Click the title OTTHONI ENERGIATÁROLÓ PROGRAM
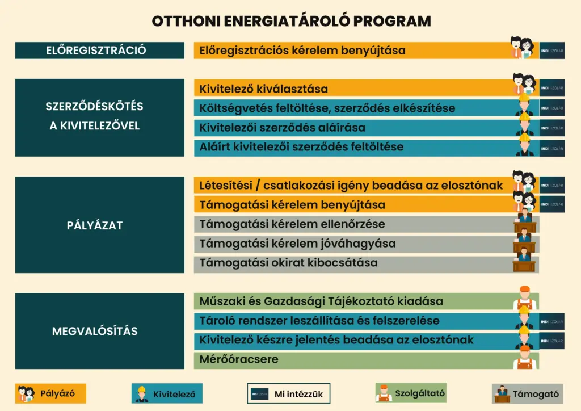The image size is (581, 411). click(291, 21)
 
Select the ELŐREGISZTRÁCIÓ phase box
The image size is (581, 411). click(99, 50)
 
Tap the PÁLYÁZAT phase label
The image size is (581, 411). click(99, 225)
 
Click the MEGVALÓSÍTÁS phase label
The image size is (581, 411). click(99, 331)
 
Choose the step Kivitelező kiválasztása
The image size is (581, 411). click(264, 89)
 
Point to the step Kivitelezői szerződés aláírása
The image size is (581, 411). click(283, 128)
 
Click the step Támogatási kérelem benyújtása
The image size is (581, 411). click(292, 204)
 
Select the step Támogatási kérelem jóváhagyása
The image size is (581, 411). click(297, 244)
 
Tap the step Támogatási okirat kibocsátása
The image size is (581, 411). click(288, 263)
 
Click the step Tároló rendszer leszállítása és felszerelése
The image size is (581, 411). click(319, 321)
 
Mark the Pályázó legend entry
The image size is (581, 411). click(50, 393)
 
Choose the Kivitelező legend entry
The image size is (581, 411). click(167, 393)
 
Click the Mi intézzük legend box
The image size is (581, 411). click(288, 393)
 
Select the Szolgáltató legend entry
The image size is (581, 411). click(411, 392)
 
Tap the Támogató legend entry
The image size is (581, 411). click(528, 393)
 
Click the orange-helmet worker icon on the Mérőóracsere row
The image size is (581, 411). click(525, 358)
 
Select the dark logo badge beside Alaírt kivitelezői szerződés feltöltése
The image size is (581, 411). click(551, 147)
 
